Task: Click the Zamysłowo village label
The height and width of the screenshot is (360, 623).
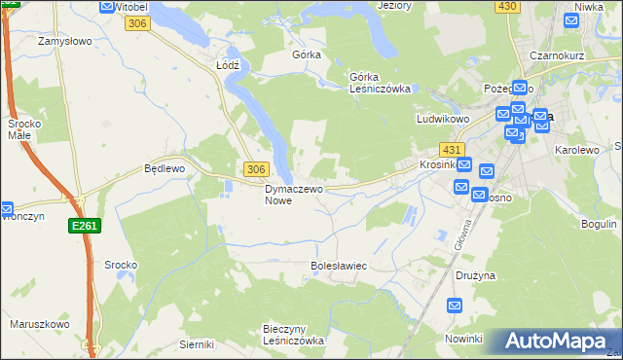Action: [x=63, y=42]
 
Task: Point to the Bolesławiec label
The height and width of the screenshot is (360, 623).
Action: [x=338, y=265]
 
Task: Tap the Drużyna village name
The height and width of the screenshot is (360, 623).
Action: [x=475, y=275]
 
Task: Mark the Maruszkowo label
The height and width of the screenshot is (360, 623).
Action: [x=39, y=324]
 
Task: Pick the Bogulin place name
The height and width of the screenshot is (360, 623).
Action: [x=599, y=224]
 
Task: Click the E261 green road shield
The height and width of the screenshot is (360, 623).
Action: [x=83, y=226]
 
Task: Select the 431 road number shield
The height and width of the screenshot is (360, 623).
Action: [x=451, y=150]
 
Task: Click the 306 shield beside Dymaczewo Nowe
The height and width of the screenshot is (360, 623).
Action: [x=255, y=169]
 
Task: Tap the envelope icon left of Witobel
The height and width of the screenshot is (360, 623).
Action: [x=106, y=6]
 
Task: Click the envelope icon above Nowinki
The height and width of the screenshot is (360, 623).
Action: [x=455, y=306]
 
